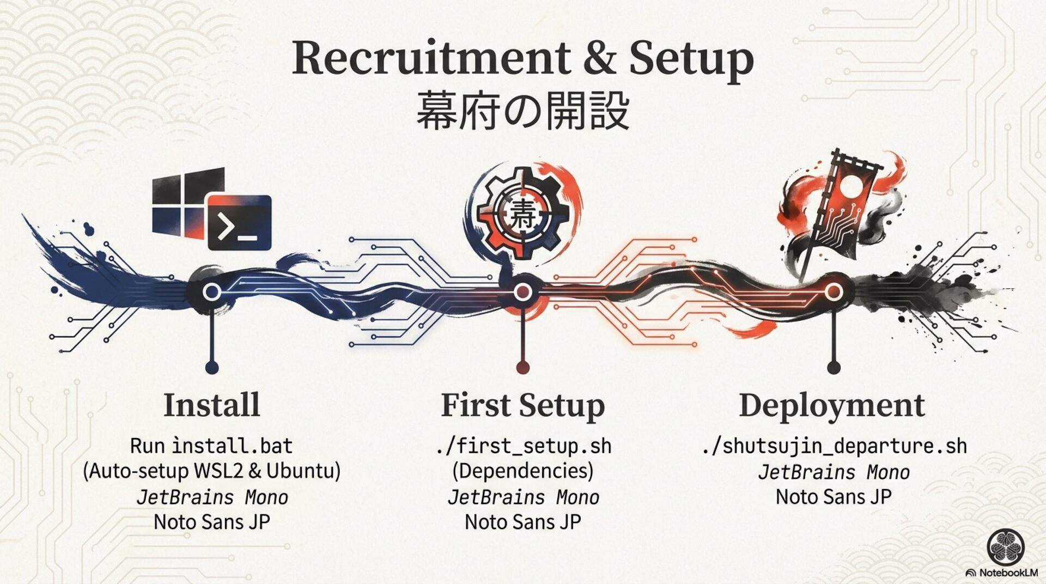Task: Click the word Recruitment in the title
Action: click(430, 58)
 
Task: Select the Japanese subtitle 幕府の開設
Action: click(522, 111)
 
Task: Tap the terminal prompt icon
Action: click(240, 223)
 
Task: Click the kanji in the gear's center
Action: click(522, 215)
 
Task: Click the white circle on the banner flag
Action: click(851, 187)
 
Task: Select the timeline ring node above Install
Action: click(211, 292)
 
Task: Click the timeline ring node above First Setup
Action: click(522, 293)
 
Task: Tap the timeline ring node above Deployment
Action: click(833, 293)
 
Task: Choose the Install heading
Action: click(211, 405)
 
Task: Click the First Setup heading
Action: click(522, 405)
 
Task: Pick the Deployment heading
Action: click(832, 405)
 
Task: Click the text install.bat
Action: click(233, 446)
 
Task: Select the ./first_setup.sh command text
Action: click(523, 446)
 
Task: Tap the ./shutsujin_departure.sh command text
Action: click(834, 446)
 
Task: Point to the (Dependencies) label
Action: click(522, 470)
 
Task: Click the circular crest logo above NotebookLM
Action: click(1006, 547)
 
